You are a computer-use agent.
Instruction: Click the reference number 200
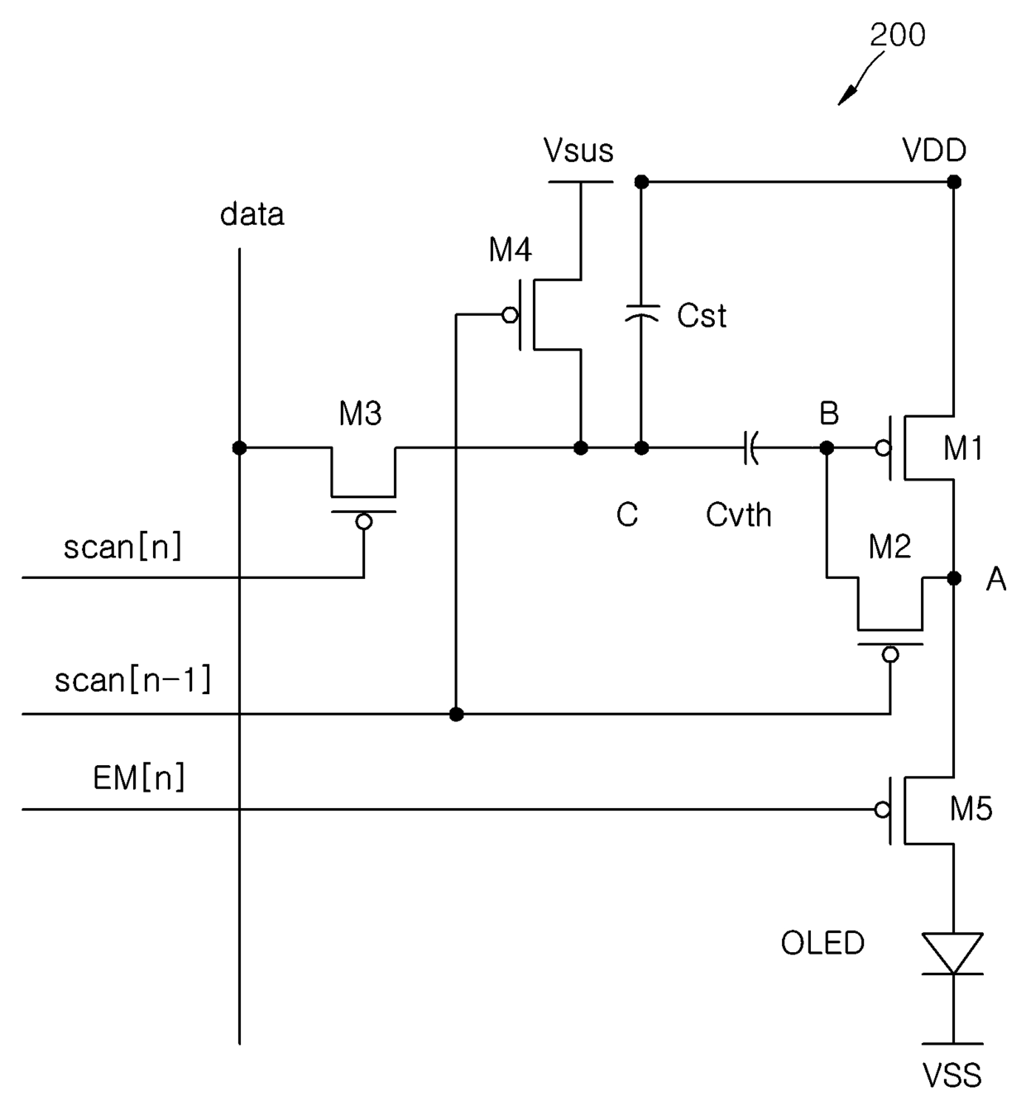click(897, 35)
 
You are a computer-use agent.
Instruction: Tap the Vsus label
click(578, 151)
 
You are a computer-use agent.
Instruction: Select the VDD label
click(934, 150)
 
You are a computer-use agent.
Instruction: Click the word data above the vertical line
click(252, 214)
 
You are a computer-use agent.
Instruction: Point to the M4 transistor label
click(510, 249)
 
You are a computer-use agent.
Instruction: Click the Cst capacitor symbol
click(642, 314)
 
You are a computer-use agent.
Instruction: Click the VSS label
click(952, 1075)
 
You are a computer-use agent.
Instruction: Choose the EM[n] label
click(138, 778)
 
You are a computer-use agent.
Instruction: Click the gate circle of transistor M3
click(364, 521)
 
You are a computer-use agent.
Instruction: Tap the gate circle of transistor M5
click(883, 809)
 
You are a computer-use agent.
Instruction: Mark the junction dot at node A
click(954, 578)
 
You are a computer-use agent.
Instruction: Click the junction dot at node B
click(827, 448)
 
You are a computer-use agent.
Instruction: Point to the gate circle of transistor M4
click(510, 315)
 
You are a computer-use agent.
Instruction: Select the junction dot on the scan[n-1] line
click(456, 714)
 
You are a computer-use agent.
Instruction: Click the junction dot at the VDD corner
click(954, 181)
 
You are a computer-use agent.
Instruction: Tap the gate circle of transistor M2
click(890, 654)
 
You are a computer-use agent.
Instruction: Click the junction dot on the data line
click(240, 448)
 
